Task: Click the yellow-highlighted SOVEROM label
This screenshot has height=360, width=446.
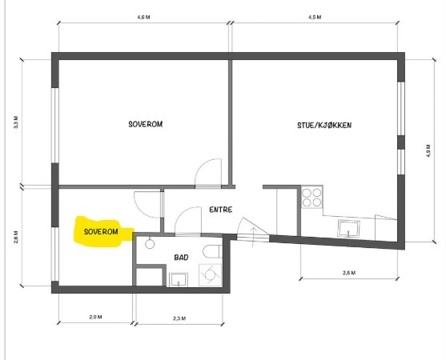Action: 101,232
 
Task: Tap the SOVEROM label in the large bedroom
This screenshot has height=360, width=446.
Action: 146,124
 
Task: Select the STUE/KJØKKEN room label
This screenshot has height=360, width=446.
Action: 324,125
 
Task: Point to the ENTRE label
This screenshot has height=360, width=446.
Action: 221,210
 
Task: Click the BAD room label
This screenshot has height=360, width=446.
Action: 181,258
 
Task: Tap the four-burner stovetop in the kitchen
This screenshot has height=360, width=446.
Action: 311,197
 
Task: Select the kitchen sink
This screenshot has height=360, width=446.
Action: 348,229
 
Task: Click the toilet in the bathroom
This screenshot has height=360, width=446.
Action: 212,251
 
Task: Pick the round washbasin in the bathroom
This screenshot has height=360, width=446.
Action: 150,243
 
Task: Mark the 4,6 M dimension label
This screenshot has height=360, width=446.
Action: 143,17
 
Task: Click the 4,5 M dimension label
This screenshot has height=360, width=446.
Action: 315,17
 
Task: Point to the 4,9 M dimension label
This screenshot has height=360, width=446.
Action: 428,151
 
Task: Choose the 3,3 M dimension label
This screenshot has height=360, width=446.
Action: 16,122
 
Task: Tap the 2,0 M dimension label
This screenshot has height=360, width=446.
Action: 95,317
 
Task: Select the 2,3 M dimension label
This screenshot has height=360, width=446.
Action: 179,318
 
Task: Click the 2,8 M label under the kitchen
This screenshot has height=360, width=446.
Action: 349,273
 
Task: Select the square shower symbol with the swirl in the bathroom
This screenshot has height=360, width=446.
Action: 210,274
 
